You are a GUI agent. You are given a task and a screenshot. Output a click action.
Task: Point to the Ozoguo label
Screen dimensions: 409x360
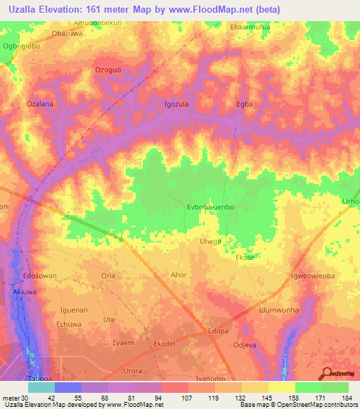108,70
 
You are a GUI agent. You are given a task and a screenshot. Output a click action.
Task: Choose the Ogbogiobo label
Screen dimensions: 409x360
22,46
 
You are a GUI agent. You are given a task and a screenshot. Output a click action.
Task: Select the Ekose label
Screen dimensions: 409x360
245,258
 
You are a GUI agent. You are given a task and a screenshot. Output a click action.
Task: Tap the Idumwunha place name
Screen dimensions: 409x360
278,309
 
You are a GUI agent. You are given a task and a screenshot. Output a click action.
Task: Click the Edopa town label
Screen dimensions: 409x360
217,331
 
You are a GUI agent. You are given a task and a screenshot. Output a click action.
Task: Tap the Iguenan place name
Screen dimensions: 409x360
74,309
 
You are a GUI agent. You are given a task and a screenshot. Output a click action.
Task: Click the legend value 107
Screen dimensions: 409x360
176,398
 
